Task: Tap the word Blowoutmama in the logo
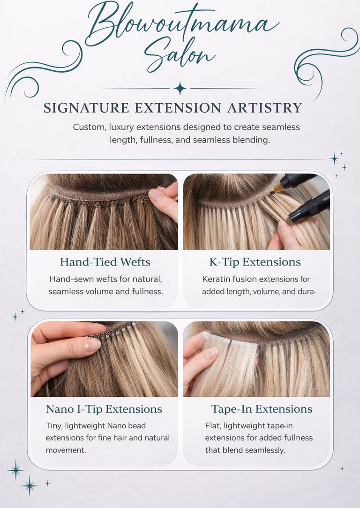(x=183, y=23)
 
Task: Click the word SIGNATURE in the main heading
(x=86, y=107)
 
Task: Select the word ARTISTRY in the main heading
(x=264, y=107)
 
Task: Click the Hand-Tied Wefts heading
(x=105, y=262)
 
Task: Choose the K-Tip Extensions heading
(x=255, y=262)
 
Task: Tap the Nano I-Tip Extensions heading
(x=104, y=409)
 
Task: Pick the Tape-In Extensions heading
(x=262, y=409)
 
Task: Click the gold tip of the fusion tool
(x=277, y=189)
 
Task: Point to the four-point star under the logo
(x=180, y=88)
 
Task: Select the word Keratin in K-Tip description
(x=214, y=279)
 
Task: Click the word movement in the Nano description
(x=66, y=450)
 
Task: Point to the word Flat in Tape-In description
(x=212, y=425)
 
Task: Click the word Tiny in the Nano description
(x=54, y=426)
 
